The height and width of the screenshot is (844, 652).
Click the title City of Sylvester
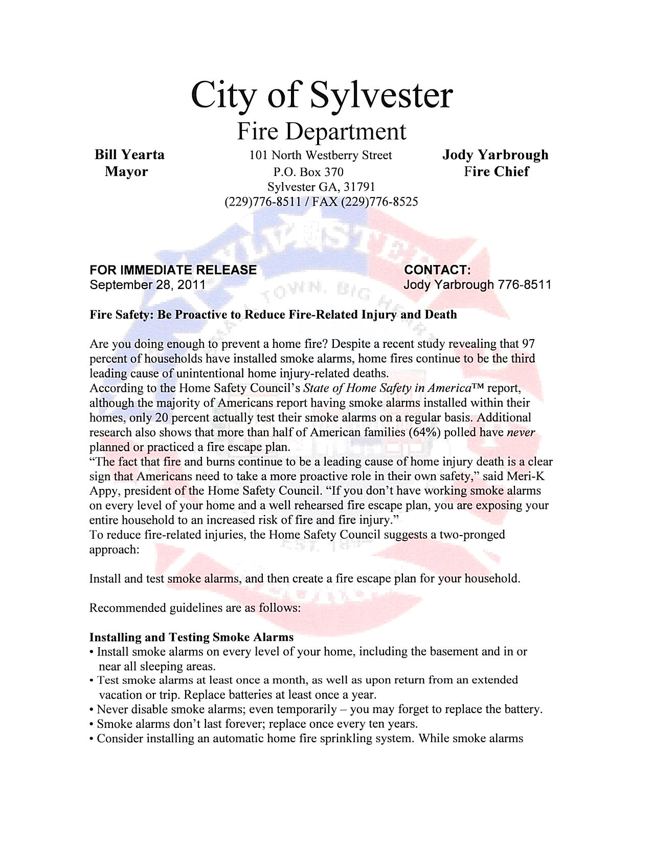[322, 95]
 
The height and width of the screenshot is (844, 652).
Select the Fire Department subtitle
[322, 131]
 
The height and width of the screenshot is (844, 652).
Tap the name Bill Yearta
[130, 154]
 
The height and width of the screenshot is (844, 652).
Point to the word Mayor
[126, 171]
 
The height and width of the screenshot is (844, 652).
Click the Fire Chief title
[496, 171]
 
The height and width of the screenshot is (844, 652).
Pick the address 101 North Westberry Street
[321, 155]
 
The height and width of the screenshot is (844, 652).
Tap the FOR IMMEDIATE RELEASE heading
[173, 270]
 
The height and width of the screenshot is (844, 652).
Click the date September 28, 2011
[147, 284]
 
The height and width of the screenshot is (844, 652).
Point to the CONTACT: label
[437, 270]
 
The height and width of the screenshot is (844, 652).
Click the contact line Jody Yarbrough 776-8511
[477, 284]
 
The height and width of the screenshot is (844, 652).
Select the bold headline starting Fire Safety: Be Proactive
[273, 314]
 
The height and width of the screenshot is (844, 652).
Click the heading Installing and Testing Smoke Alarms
[191, 637]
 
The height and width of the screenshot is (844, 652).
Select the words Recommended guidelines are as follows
[194, 608]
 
